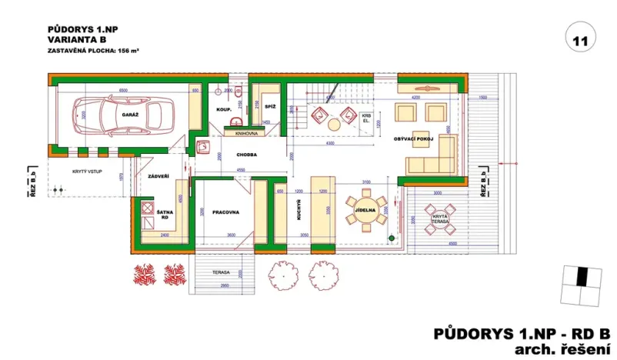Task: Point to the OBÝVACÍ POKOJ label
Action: (415, 139)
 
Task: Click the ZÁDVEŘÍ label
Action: (158, 177)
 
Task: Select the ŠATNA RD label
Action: (165, 214)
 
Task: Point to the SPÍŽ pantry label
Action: (270, 106)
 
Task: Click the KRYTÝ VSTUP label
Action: (87, 173)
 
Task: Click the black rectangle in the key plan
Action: (582, 276)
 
